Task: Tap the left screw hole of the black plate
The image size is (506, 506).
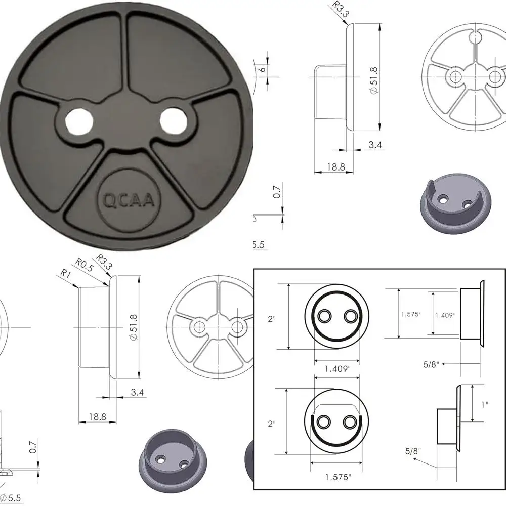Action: tap(79, 121)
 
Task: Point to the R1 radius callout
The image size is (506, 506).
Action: tap(65, 273)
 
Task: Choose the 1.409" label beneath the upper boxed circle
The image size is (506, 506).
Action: tap(336, 369)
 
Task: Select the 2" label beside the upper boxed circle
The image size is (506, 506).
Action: tap(272, 320)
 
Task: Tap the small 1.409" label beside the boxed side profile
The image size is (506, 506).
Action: tap(445, 315)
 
